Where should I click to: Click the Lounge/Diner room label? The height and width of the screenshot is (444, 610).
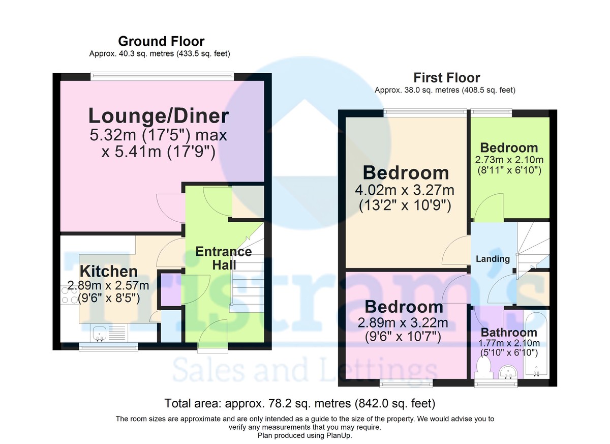point(158,116)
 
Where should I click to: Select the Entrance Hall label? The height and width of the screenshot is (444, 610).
point(224,258)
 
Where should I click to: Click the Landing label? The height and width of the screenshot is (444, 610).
point(493,259)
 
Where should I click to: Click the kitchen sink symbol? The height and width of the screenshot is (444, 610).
point(100,334)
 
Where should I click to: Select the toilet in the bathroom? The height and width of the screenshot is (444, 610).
point(484,367)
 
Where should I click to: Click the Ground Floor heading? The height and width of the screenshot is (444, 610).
point(161,41)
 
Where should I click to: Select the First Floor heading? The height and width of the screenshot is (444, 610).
point(446,78)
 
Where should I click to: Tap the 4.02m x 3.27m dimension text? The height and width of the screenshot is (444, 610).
point(405,191)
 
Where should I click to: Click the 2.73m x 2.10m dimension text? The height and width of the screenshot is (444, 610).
point(510,160)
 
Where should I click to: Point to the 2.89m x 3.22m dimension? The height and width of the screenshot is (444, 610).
point(403,323)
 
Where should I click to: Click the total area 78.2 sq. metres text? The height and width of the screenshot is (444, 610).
point(300,404)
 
